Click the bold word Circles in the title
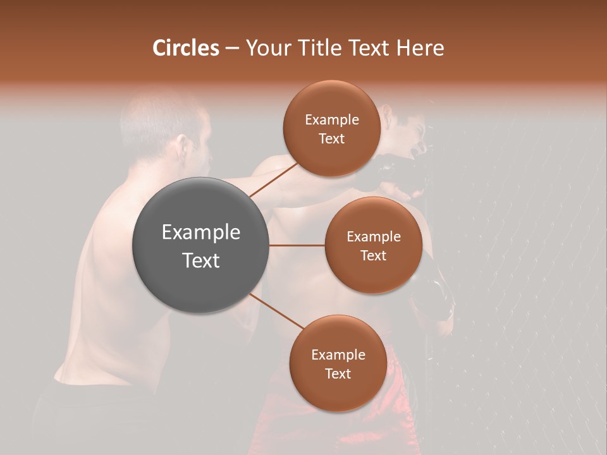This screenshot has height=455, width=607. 185,48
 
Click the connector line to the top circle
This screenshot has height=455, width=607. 273,178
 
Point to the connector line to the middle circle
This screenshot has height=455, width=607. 297,245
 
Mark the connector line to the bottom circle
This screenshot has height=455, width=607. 276,310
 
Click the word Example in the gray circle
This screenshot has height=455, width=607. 201,233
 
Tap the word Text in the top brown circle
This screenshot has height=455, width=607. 331,139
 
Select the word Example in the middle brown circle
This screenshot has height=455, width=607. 373,237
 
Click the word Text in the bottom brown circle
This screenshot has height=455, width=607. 338,373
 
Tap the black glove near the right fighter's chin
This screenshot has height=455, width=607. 392,171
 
